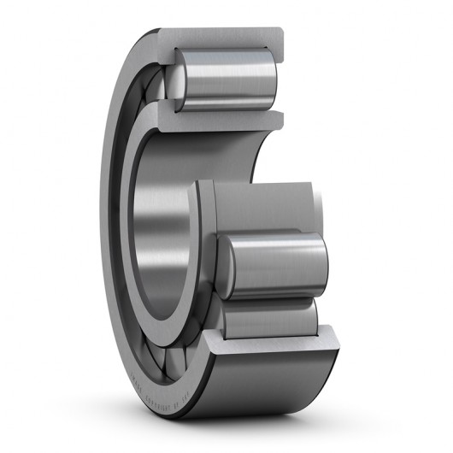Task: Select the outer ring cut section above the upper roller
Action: pyautogui.click(x=222, y=39)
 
